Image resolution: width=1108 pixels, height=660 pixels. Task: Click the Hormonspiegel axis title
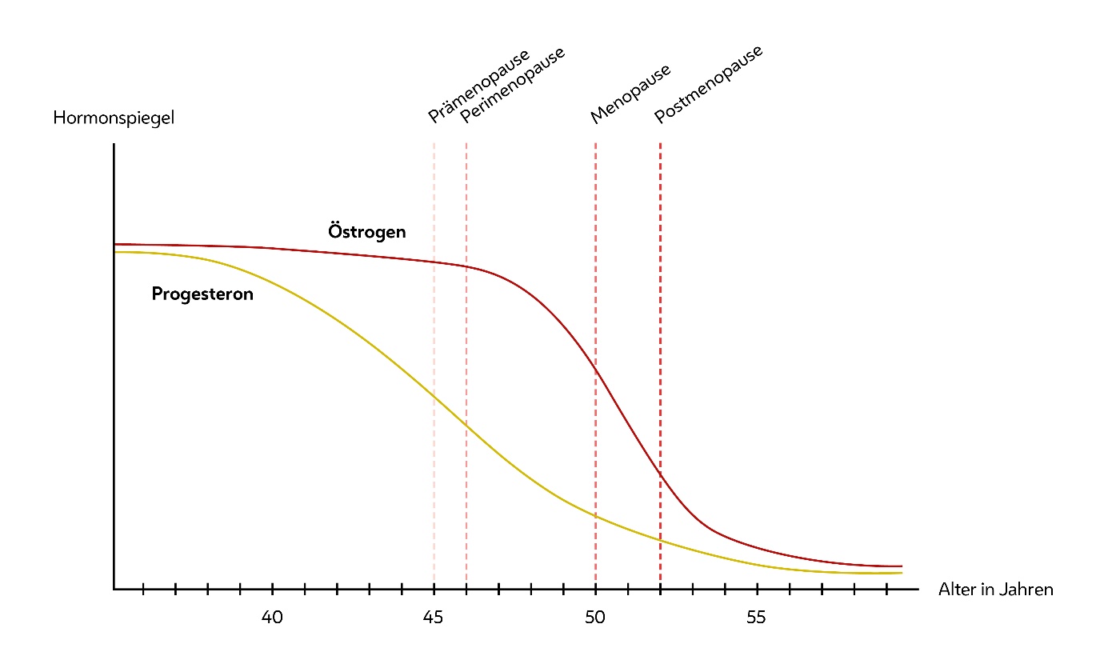113,118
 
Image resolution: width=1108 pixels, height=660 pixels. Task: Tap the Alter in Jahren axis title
995,590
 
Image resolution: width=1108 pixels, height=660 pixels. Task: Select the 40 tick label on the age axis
272,618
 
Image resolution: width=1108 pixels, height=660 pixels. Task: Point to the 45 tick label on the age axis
434,618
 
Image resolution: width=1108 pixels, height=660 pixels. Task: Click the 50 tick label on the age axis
595,618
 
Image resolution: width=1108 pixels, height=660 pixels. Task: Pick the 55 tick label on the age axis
756,618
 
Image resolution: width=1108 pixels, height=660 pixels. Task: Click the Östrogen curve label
367,232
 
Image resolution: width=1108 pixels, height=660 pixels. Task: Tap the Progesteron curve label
202,294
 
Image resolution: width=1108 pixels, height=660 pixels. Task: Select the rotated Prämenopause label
478,86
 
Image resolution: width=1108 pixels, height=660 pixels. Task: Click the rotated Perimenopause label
512,86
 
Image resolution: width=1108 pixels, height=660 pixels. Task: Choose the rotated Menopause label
630,94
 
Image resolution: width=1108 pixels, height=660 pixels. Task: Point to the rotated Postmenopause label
708,85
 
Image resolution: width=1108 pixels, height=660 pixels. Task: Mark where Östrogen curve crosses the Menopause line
596,369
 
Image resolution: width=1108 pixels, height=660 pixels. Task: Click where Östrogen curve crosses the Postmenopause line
660,474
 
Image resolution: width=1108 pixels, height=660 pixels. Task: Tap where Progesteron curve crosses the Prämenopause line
434,396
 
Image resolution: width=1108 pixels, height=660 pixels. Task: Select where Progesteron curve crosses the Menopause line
596,516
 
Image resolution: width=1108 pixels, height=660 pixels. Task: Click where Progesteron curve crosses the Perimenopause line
466,427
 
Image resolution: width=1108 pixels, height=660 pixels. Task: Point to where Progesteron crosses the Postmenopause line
660,540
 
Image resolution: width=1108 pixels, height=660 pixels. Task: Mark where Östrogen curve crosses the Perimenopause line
466,267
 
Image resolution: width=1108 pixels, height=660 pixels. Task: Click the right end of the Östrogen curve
901,566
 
